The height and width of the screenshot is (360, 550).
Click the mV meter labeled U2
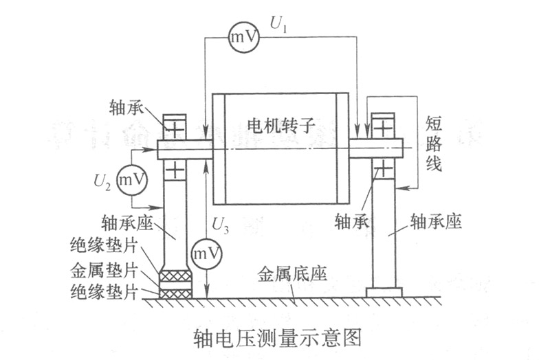pyautogui.click(x=132, y=180)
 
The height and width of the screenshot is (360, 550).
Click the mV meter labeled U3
pyautogui.click(x=207, y=254)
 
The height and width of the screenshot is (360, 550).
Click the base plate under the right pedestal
pyautogui.click(x=384, y=293)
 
